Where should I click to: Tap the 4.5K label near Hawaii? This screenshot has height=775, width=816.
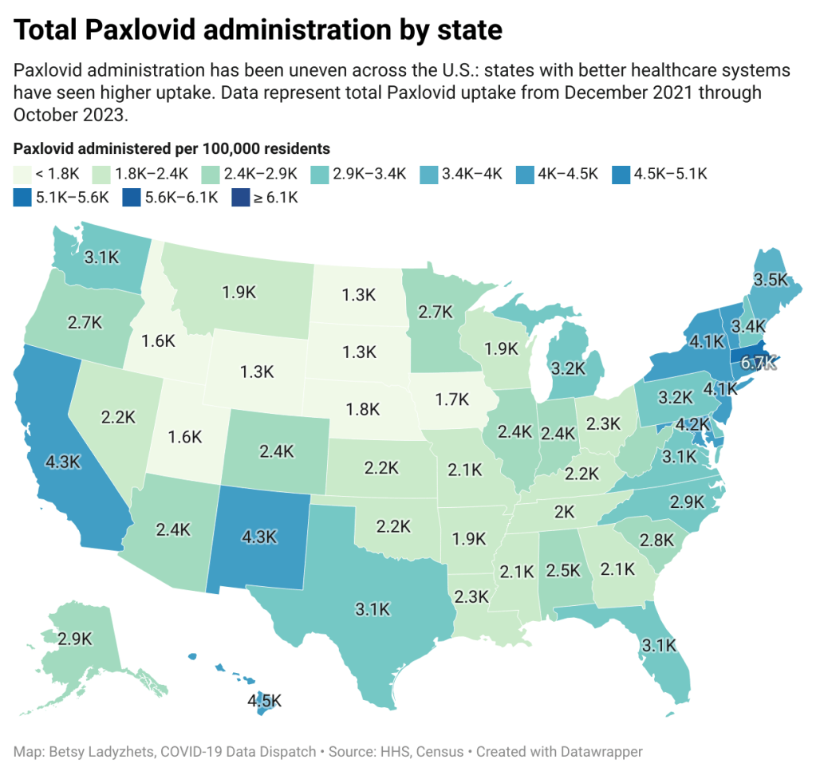264,702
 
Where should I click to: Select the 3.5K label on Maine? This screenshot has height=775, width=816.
771,280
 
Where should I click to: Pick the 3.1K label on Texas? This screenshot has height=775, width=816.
373,610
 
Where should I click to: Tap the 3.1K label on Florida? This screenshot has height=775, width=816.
659,644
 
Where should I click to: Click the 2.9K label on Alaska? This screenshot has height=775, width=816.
75,639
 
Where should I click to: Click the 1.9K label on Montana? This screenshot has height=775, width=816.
237,294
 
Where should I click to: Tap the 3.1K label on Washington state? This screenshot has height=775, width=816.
103,257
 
